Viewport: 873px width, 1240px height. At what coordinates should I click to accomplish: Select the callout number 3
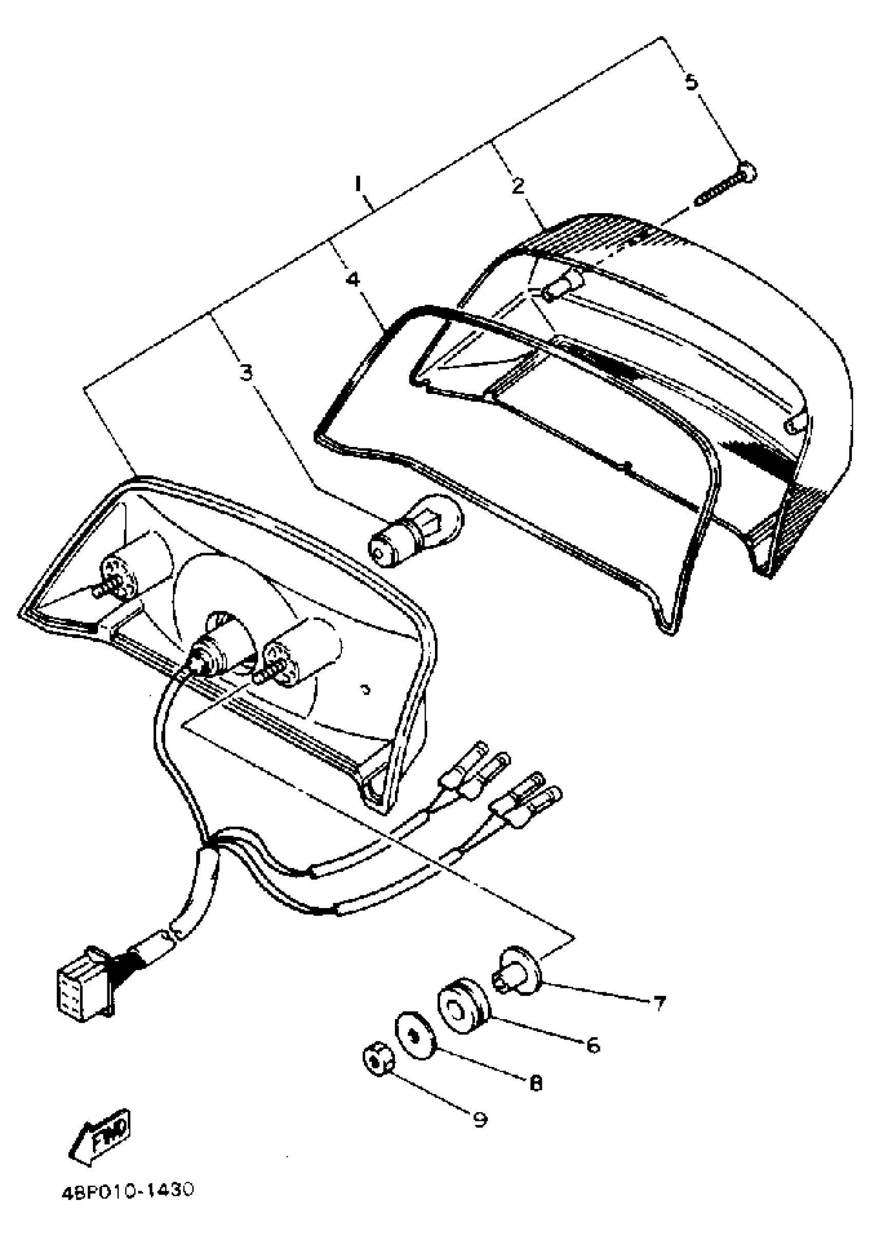(246, 371)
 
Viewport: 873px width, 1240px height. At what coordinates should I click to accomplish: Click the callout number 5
(691, 82)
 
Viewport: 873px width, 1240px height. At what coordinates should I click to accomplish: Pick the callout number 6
(592, 1045)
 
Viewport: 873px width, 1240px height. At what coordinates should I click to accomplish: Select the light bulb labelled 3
(416, 530)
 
